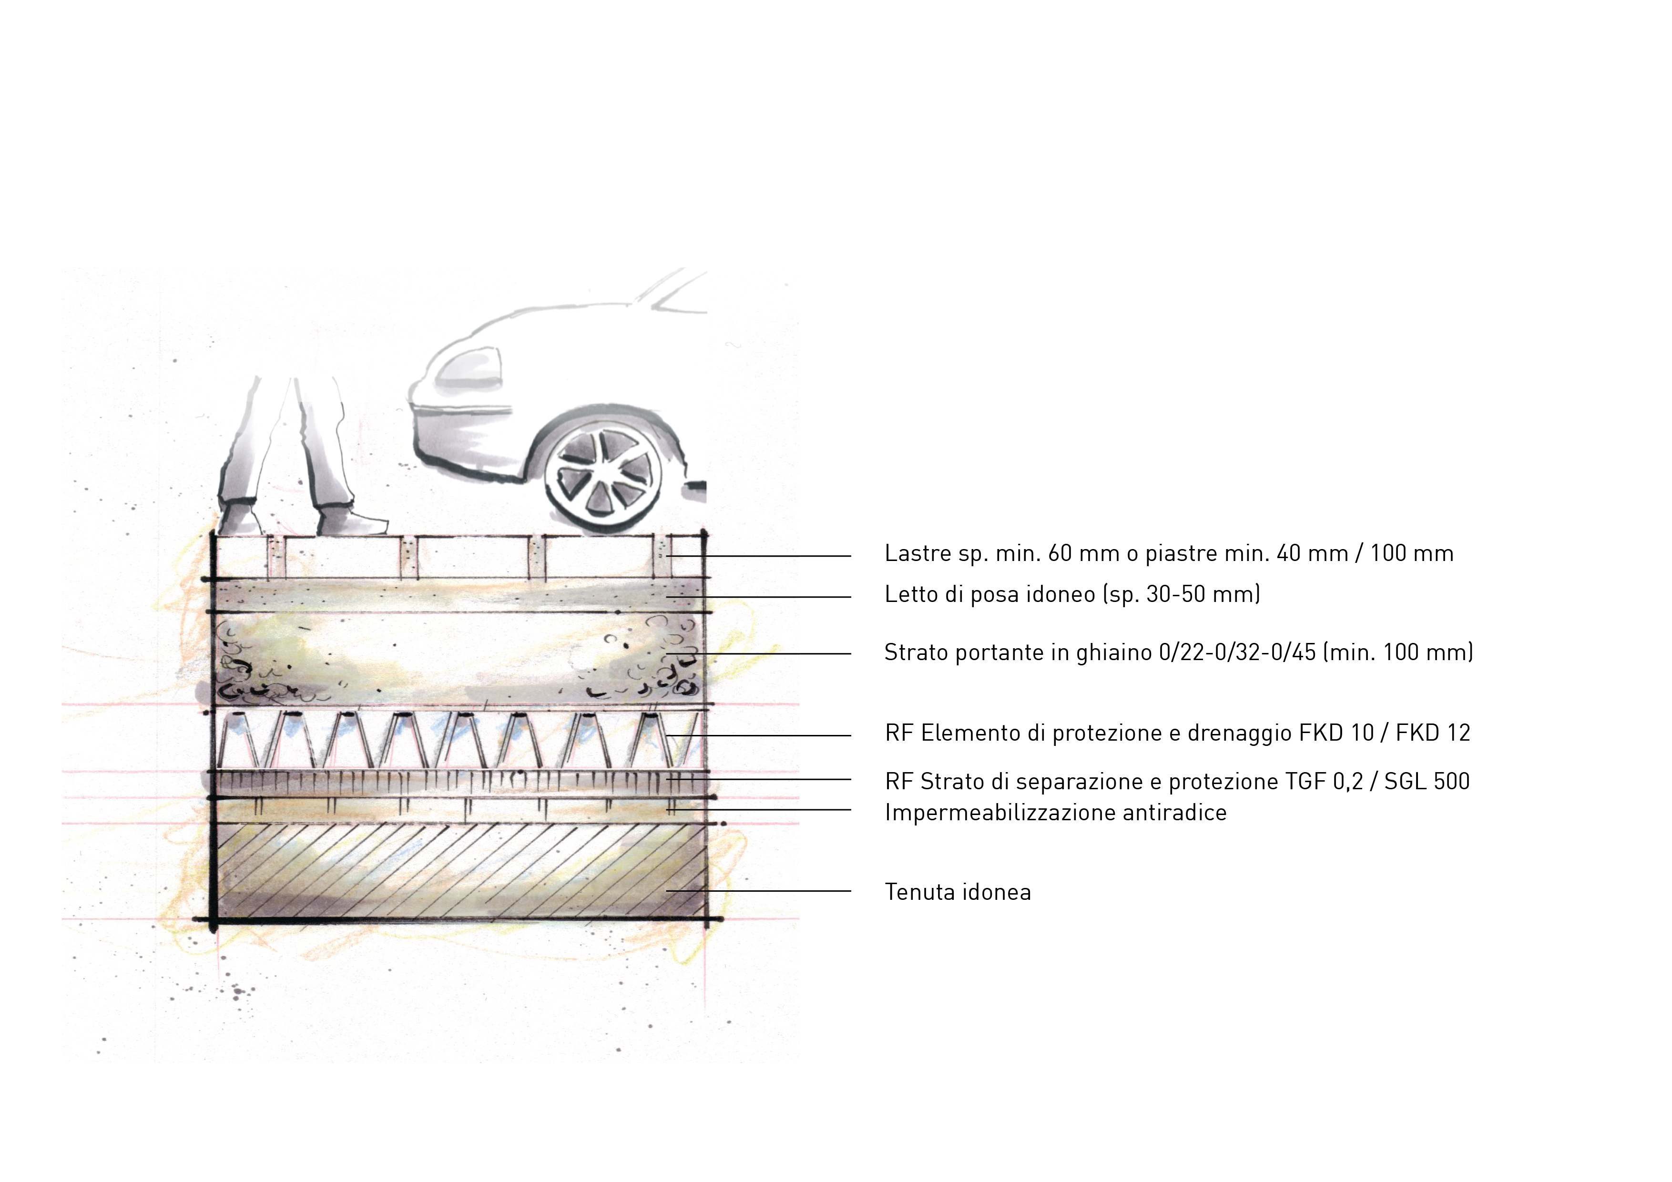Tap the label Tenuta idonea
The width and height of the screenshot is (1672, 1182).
[x=958, y=892]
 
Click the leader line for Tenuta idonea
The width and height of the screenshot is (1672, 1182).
[x=759, y=891]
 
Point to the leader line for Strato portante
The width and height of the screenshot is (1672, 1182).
[x=759, y=654]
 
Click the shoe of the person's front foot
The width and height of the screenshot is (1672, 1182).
[x=352, y=521]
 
